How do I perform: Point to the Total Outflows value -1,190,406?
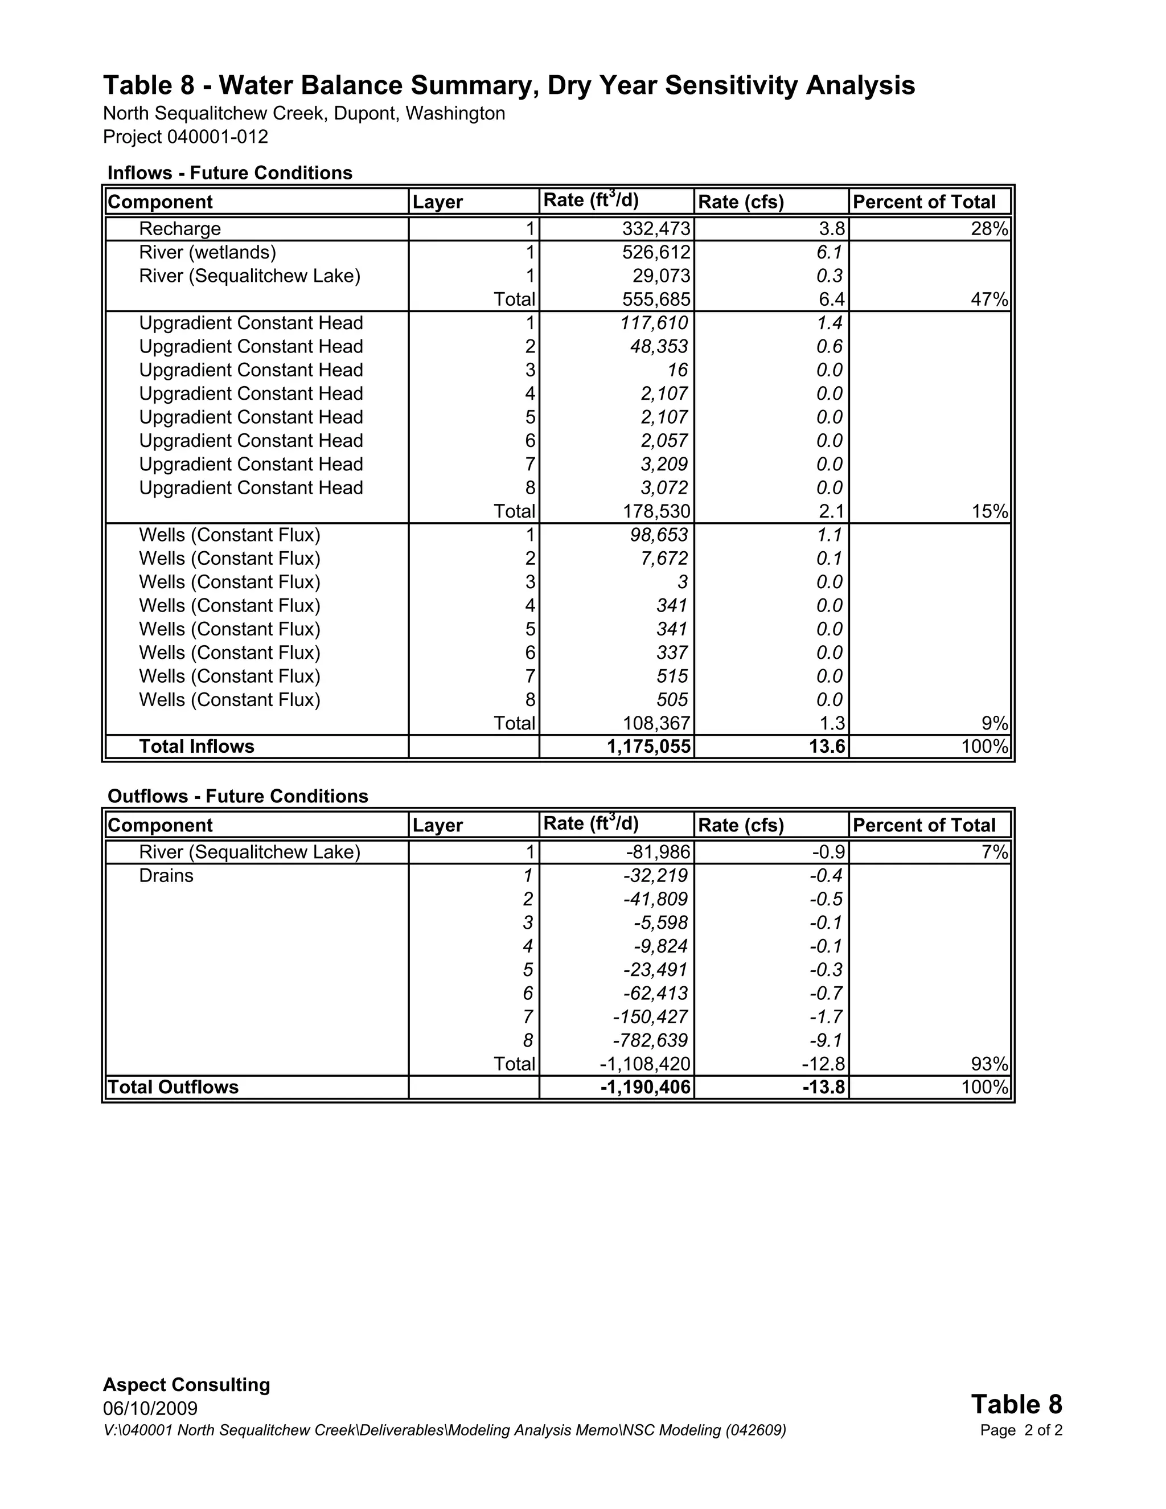tap(645, 1087)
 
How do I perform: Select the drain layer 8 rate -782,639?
tap(650, 1040)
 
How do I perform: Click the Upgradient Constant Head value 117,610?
tap(654, 323)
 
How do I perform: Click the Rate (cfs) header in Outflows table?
tap(741, 825)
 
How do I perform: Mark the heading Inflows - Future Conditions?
tap(230, 173)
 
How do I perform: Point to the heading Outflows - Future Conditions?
tap(237, 796)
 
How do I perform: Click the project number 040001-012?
tap(217, 137)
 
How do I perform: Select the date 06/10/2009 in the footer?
tap(150, 1409)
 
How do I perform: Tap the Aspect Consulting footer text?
tap(187, 1385)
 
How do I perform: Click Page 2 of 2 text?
tap(1021, 1430)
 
